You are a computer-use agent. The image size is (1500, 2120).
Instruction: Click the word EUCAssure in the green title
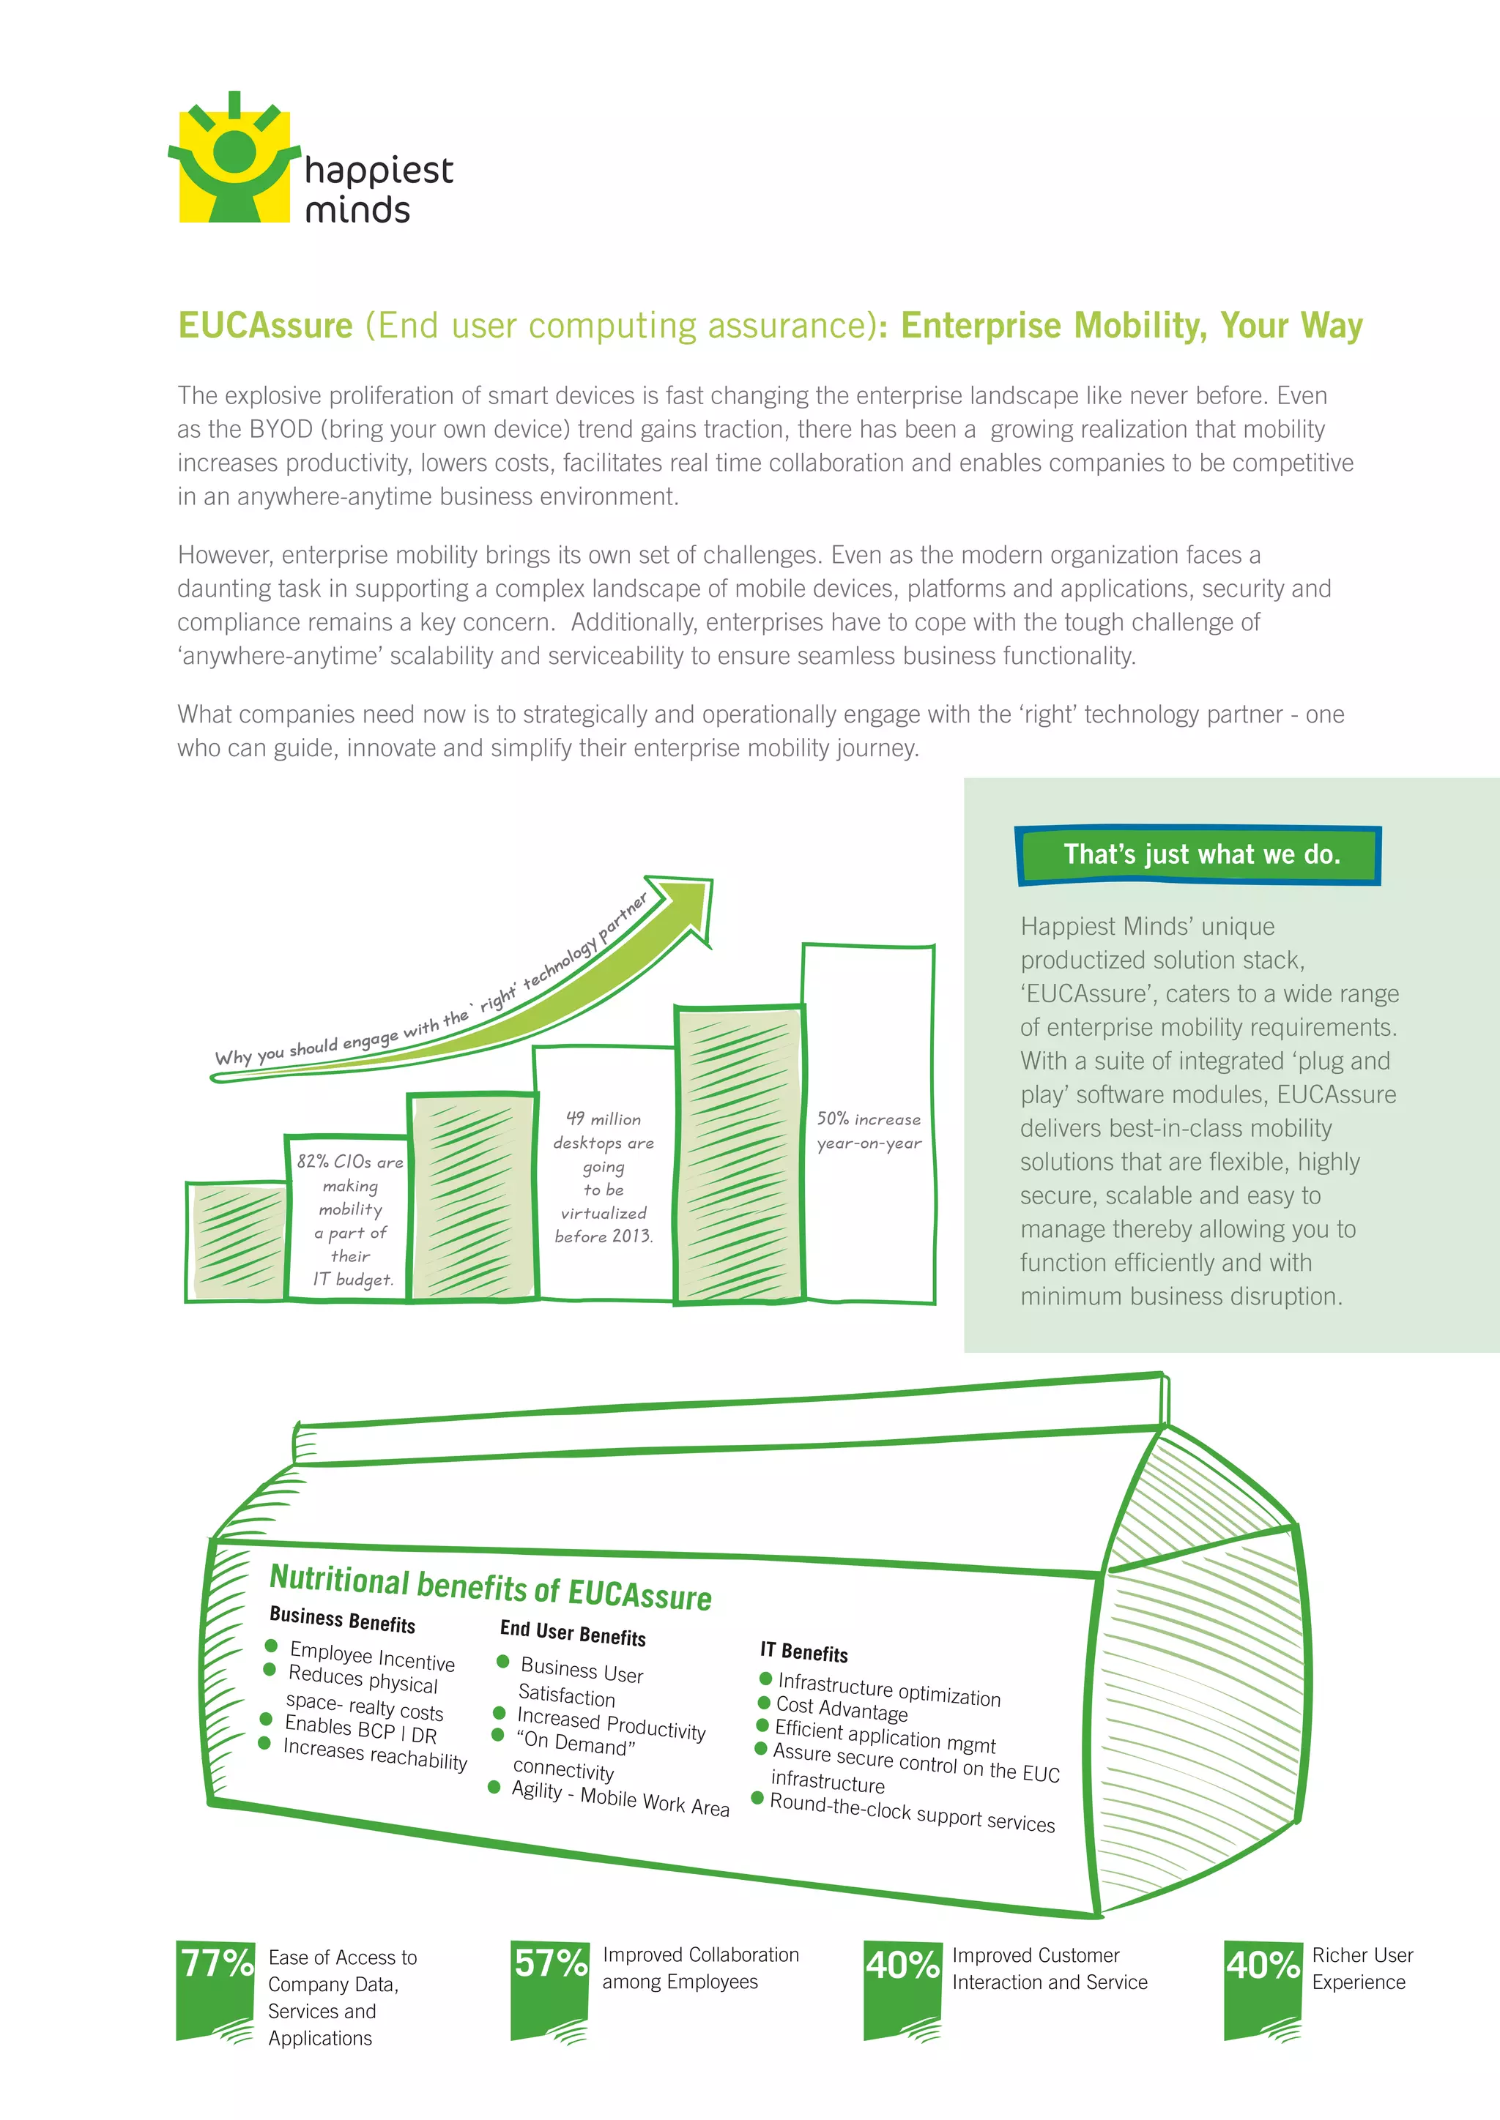pyautogui.click(x=265, y=326)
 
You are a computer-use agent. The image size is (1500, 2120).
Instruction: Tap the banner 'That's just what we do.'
pyautogui.click(x=1199, y=855)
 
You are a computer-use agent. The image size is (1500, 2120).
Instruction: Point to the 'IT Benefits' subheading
pyautogui.click(x=803, y=1652)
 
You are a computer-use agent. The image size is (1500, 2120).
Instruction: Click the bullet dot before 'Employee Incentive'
pyautogui.click(x=272, y=1646)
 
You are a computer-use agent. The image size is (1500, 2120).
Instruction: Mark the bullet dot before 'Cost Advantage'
pyautogui.click(x=764, y=1702)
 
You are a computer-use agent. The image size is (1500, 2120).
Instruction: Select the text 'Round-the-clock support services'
pyautogui.click(x=912, y=1812)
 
